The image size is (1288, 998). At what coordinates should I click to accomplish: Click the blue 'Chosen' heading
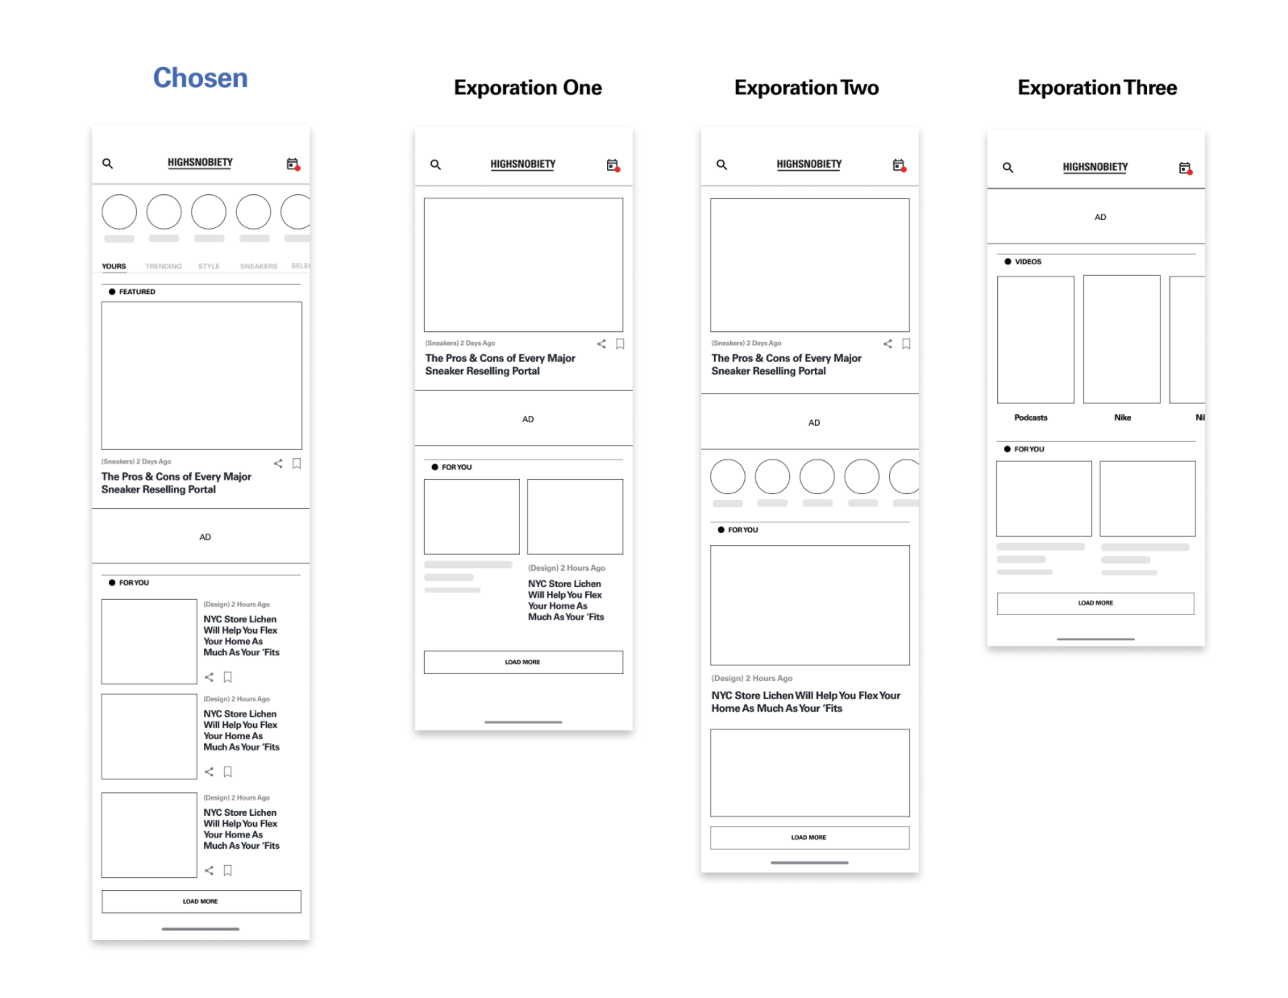point(200,78)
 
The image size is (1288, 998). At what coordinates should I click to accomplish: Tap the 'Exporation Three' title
point(1096,88)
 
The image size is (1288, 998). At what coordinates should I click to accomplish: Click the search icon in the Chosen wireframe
point(107,164)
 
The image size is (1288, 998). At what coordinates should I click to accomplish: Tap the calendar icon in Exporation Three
point(1184,168)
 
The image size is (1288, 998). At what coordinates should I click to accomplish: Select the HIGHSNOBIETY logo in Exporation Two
point(808,164)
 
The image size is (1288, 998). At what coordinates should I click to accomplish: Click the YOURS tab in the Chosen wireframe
point(114,266)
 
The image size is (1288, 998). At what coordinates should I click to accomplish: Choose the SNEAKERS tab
point(258,266)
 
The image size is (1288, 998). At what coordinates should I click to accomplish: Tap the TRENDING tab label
point(164,266)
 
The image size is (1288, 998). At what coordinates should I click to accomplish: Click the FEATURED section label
point(136,292)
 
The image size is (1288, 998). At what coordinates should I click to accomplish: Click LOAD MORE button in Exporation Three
point(1095,603)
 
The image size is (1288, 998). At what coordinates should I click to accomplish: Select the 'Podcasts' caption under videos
point(1030,418)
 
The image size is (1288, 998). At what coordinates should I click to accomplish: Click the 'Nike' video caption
point(1122,418)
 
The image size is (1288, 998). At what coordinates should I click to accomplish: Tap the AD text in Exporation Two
point(814,422)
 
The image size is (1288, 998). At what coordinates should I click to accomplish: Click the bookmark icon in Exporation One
point(620,344)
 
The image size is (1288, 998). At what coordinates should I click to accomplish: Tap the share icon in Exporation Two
point(887,344)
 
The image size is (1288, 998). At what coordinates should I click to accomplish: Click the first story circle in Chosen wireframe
point(119,212)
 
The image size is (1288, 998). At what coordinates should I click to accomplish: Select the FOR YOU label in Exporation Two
point(742,530)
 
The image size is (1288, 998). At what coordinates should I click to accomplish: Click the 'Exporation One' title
point(527,88)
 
